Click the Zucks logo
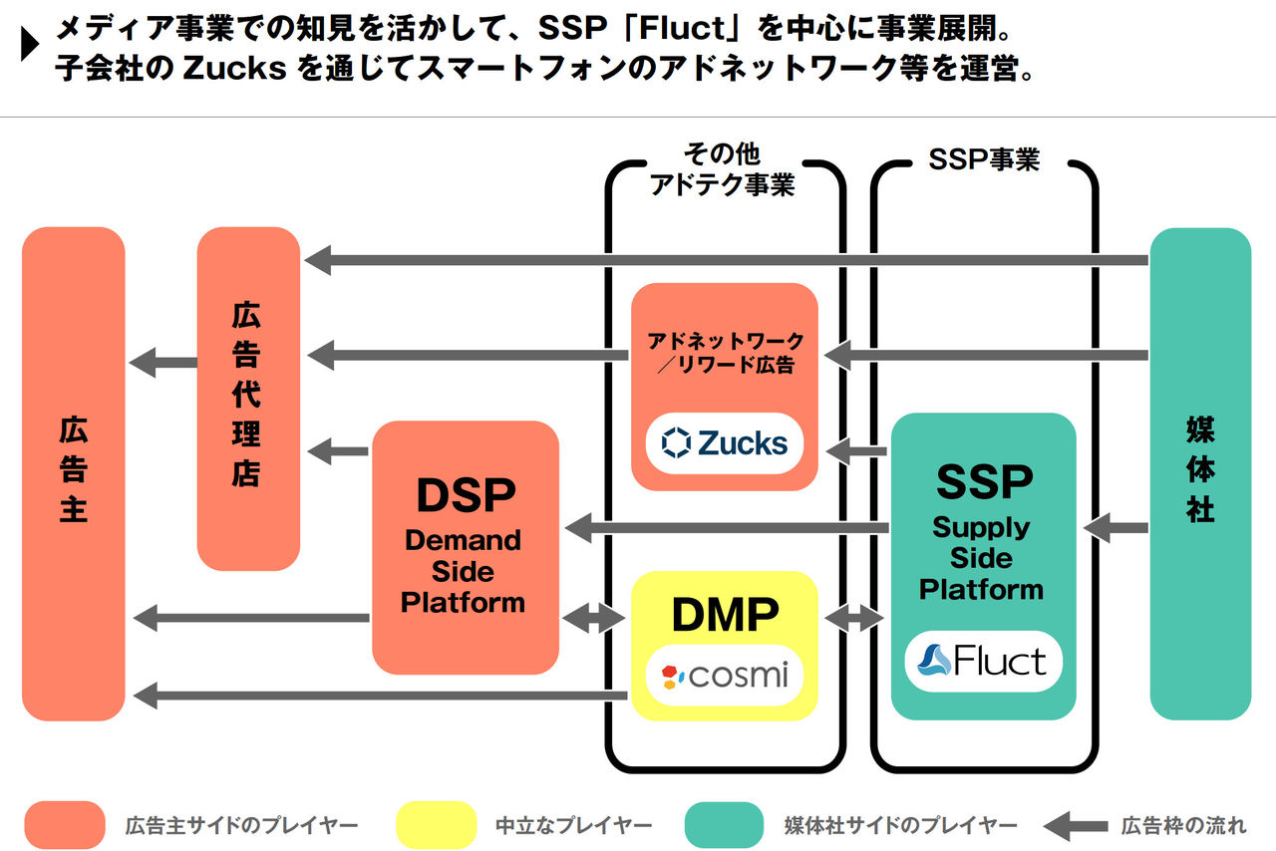[725, 442]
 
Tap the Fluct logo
[983, 661]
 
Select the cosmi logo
[725, 677]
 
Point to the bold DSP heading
[466, 495]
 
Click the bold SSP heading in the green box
[983, 483]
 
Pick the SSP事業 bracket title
[983, 160]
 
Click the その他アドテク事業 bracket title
[722, 169]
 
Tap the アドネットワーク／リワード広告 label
[725, 353]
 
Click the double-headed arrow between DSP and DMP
[594, 620]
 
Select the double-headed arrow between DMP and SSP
[854, 620]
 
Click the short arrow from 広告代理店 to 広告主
[162, 363]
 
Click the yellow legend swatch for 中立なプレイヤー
[436, 825]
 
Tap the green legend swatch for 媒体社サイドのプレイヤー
[724, 825]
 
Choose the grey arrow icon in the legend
[1075, 826]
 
